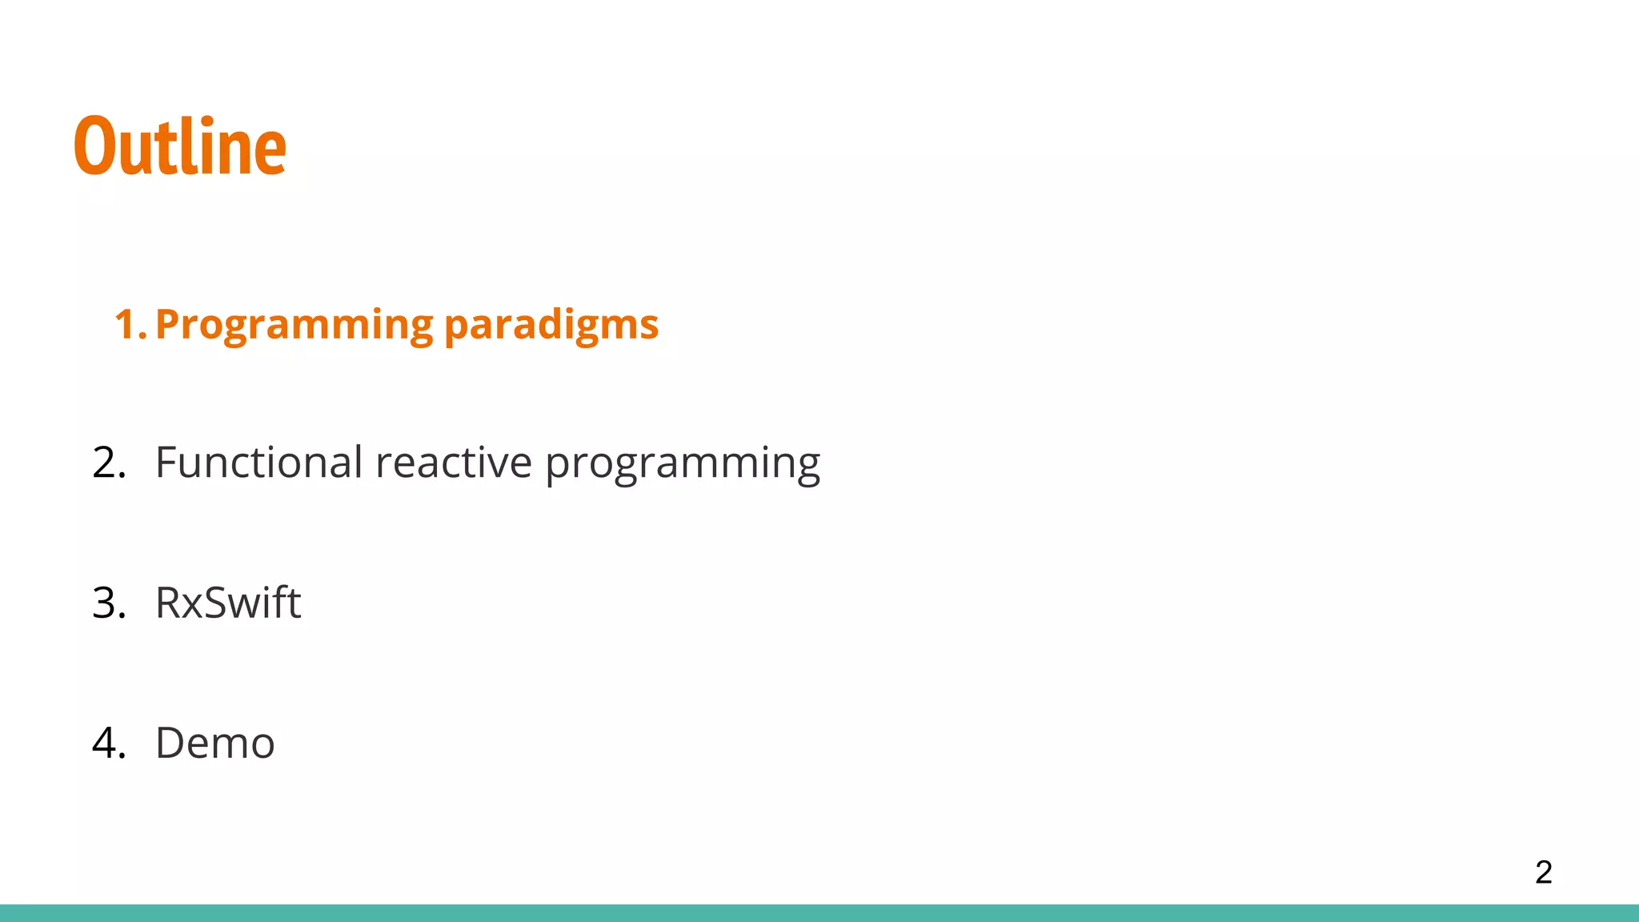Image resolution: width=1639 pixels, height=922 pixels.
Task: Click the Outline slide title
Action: click(x=180, y=146)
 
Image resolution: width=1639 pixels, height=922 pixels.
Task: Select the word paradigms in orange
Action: click(x=551, y=325)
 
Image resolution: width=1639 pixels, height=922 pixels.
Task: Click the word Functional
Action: click(x=259, y=463)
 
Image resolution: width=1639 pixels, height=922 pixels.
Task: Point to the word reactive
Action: click(x=453, y=463)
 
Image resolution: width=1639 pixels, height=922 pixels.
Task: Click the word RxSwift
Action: click(x=228, y=603)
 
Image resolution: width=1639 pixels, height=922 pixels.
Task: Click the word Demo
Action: click(x=214, y=743)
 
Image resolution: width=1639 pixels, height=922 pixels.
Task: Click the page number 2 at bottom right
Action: click(x=1543, y=872)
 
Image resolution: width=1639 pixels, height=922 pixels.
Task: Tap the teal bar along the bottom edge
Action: click(x=819, y=913)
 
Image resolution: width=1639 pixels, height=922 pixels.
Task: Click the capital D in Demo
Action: click(x=172, y=743)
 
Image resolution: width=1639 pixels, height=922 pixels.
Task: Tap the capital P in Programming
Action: click(x=168, y=324)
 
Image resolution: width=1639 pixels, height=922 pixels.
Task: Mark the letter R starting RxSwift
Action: click(x=170, y=603)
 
